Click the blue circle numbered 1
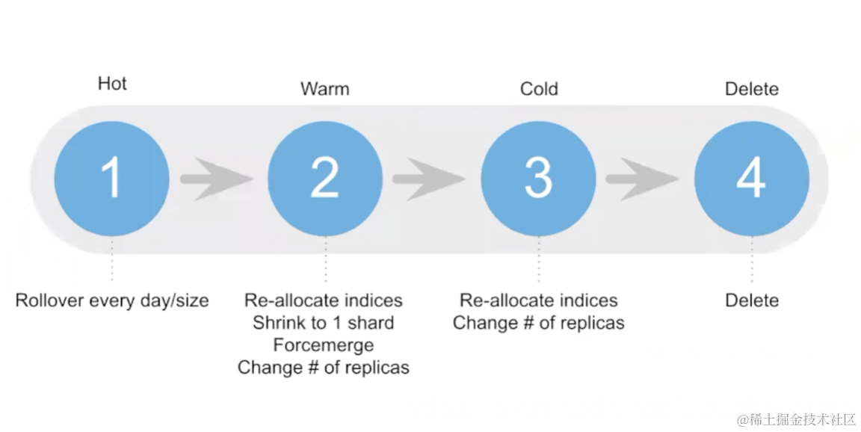[111, 179]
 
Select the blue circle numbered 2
[325, 179]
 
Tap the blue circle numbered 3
[538, 179]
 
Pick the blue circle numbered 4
[751, 179]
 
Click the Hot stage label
[112, 84]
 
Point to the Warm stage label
[324, 90]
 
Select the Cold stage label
[539, 90]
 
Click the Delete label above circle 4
[752, 90]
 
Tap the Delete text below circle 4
[752, 300]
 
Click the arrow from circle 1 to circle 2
[217, 179]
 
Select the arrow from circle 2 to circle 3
[430, 179]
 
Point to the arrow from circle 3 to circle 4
[643, 179]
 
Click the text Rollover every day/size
[112, 300]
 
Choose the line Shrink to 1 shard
[323, 323]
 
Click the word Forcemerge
[323, 345]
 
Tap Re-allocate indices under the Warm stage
[323, 300]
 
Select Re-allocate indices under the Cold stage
[538, 300]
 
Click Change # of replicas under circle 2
[323, 368]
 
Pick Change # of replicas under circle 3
[538, 323]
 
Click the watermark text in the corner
[796, 419]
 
